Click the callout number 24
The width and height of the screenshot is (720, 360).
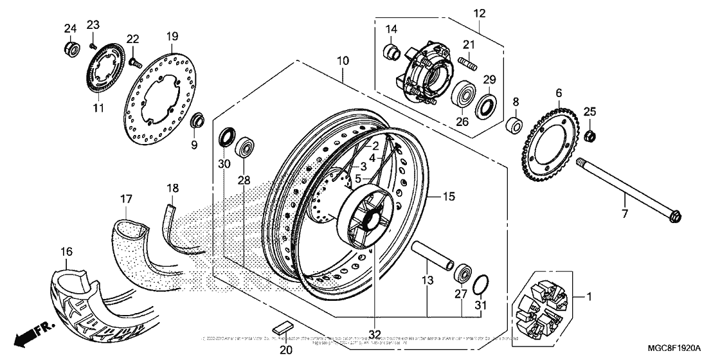[69, 28]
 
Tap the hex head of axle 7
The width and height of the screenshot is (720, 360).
[675, 216]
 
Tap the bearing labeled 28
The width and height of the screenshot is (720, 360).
[245, 148]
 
